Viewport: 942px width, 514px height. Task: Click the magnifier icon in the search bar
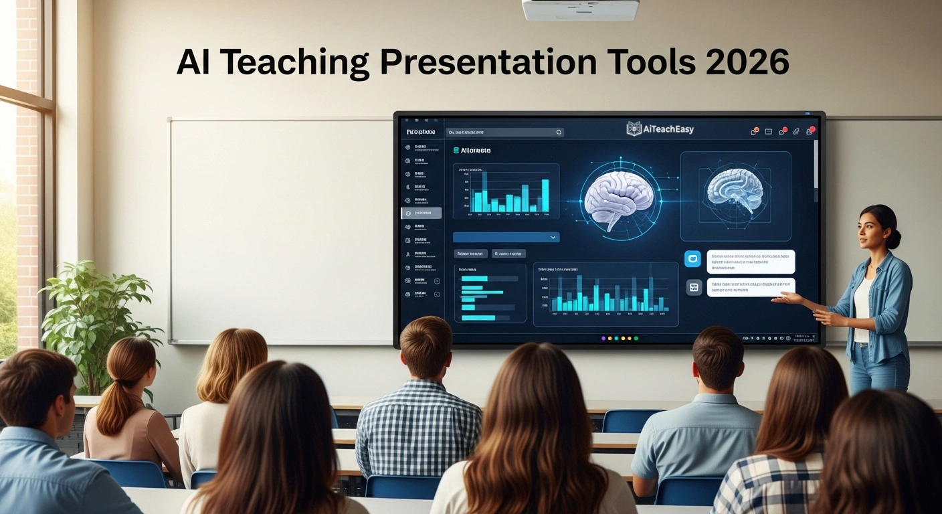559,133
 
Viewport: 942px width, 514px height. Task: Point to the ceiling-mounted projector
579,9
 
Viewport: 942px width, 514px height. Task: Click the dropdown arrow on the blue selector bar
553,237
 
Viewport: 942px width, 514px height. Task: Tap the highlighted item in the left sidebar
421,213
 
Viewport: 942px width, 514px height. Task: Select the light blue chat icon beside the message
693,259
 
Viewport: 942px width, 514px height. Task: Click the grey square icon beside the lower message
694,287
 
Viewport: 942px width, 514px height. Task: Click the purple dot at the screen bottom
603,339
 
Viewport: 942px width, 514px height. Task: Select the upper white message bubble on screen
750,261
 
